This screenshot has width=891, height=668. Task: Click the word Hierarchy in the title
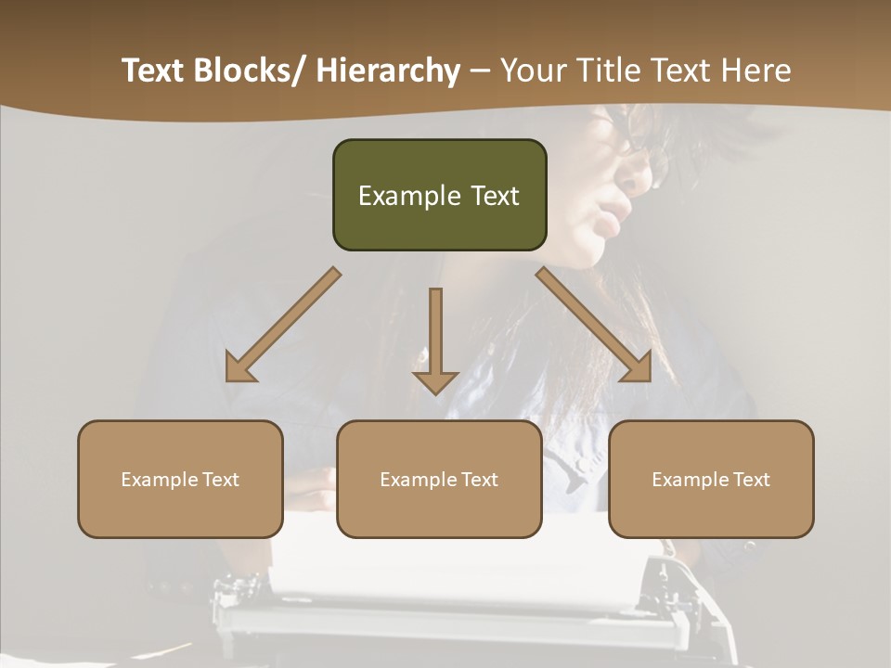point(388,71)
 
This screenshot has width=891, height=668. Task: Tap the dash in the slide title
point(479,71)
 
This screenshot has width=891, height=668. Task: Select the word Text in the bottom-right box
point(749,480)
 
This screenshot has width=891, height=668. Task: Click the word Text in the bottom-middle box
point(477,480)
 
